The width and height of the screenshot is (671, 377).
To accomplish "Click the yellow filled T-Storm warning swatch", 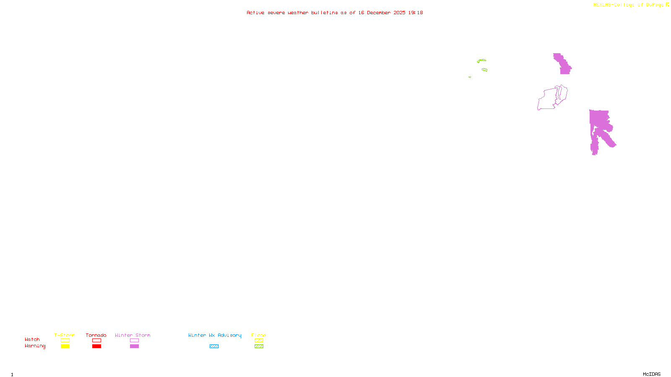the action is pos(65,346).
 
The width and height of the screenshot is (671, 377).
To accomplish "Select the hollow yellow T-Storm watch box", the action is pos(65,341).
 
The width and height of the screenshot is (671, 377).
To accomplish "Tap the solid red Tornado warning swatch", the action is pos(96,346).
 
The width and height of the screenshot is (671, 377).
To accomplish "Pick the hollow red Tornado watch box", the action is pos(96,341).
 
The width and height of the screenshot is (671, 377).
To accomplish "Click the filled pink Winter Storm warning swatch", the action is pos(134,346).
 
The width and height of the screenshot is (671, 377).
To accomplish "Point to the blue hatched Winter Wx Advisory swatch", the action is pos(214,346).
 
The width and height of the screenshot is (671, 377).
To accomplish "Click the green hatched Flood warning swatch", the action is pos(259,346).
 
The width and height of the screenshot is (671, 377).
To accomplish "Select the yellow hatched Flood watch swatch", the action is pos(259,341).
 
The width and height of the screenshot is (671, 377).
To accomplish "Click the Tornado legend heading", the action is pos(96,335).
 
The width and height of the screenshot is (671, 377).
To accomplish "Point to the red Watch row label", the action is pos(32,340).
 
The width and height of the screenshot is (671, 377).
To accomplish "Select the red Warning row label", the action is pos(35,346).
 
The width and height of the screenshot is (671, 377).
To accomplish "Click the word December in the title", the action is pos(379,13).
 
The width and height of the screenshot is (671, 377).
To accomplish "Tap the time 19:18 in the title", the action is pos(416,13).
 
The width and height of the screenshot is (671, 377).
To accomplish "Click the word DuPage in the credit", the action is pos(655,5).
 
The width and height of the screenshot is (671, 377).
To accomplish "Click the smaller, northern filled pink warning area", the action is pos(563,65).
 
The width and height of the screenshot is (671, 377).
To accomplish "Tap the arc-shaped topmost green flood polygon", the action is pos(481,60).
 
